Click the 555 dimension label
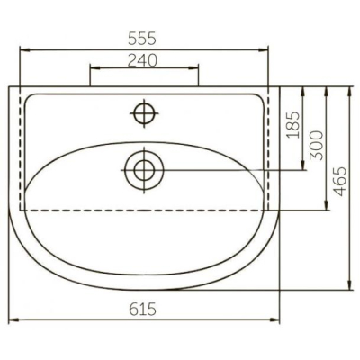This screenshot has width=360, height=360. (x=142, y=39)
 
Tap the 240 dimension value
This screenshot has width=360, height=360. (x=142, y=60)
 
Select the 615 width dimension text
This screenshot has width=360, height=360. (x=143, y=309)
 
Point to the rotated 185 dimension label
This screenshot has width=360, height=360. (x=292, y=125)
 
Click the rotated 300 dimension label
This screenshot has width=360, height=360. (x=317, y=146)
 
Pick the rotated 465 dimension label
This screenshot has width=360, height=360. (x=340, y=182)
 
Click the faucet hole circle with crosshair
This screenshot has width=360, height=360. (x=144, y=113)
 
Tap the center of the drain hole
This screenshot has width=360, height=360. (x=144, y=170)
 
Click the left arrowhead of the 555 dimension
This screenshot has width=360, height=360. (x=24, y=50)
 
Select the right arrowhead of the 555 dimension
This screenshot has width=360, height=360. (x=263, y=50)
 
